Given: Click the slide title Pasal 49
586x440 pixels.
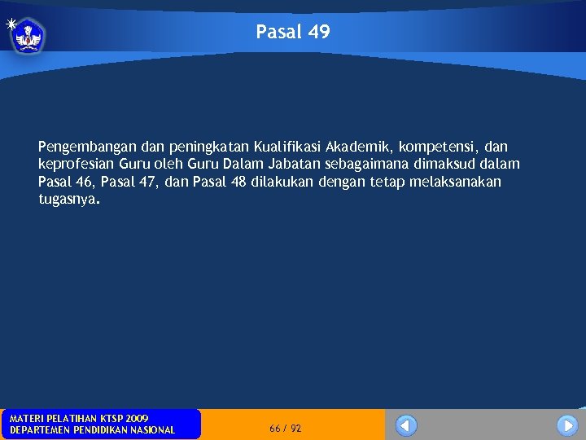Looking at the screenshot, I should (x=293, y=32).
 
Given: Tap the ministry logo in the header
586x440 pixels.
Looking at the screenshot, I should (x=28, y=35).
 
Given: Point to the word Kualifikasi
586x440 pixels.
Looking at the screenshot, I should (x=286, y=147).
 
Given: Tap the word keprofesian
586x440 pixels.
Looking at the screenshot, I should (x=76, y=165).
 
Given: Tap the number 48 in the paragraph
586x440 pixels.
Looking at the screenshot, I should (x=238, y=182).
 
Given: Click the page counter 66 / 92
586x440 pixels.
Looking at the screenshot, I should (x=285, y=428).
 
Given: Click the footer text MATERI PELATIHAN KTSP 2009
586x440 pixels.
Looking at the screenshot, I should (x=79, y=418).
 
